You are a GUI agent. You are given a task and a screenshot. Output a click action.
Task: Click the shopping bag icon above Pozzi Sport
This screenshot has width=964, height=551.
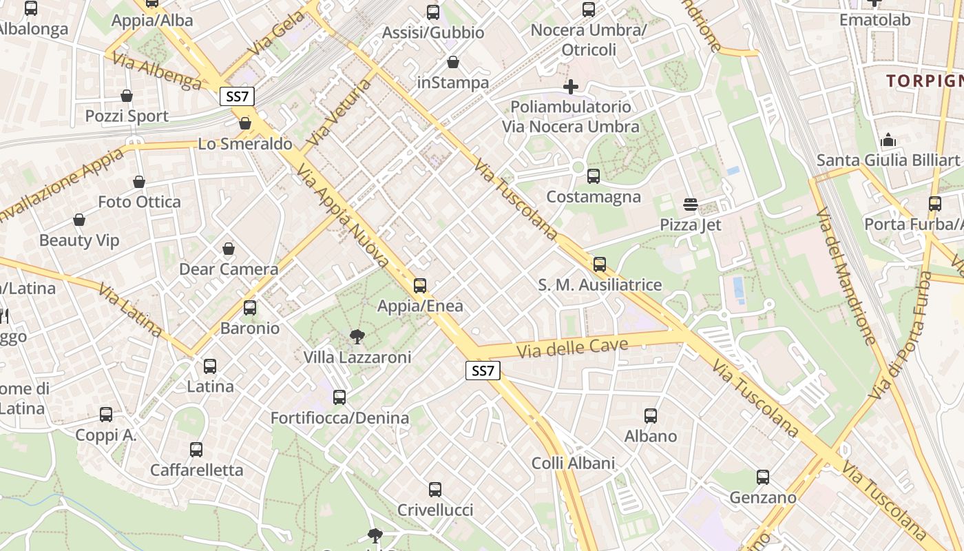pos(127,95)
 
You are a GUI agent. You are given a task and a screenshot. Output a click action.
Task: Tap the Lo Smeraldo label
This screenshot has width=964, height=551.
pos(245,144)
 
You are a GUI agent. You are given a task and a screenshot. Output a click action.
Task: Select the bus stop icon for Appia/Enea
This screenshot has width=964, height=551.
pos(420,285)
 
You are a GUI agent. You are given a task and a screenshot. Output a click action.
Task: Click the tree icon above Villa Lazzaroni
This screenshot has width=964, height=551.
pos(357,336)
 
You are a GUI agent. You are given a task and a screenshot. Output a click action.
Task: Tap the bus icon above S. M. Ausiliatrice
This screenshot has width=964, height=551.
pos(600,264)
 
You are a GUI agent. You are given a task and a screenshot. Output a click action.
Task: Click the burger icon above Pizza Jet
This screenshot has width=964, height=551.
pos(691,204)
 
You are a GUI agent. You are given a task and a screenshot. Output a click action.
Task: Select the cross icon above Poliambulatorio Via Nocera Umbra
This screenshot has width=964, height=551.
pos(571,87)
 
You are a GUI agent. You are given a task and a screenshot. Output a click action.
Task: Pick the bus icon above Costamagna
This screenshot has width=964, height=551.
pos(594,176)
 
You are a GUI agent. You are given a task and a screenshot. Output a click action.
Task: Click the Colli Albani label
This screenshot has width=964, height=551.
pos(573,463)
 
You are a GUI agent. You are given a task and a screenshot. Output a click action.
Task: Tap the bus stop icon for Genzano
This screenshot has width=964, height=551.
pos(763,477)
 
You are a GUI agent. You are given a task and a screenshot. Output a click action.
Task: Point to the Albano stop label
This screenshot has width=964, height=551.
pos(651,436)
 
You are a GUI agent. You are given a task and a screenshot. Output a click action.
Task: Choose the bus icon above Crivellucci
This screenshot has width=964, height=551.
pos(435,490)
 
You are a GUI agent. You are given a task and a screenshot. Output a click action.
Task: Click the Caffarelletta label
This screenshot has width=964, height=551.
pos(197,470)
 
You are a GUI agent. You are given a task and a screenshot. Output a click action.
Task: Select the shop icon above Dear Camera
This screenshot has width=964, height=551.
pos(229,248)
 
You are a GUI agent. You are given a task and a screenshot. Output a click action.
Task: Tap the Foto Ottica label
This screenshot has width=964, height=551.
pos(139,202)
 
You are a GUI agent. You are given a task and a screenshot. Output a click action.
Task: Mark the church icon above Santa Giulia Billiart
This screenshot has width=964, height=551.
pos(888,140)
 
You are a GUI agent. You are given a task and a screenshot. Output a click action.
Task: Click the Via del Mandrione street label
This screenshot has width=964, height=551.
pos(846,275)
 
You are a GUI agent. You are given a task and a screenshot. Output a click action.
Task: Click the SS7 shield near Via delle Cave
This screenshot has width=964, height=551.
pos(483,371)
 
